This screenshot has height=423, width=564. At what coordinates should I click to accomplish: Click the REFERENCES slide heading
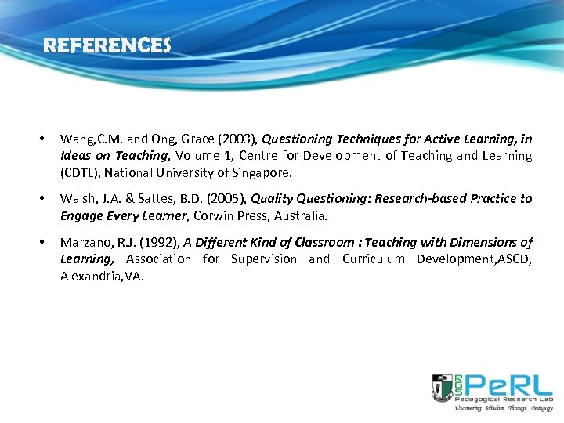[107, 46]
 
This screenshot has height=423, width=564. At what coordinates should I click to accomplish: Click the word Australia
[301, 215]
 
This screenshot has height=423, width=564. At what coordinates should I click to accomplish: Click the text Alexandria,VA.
[102, 276]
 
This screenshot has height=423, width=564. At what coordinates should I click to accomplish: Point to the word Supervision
[265, 259]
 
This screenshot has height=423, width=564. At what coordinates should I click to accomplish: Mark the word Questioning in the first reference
[298, 139]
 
